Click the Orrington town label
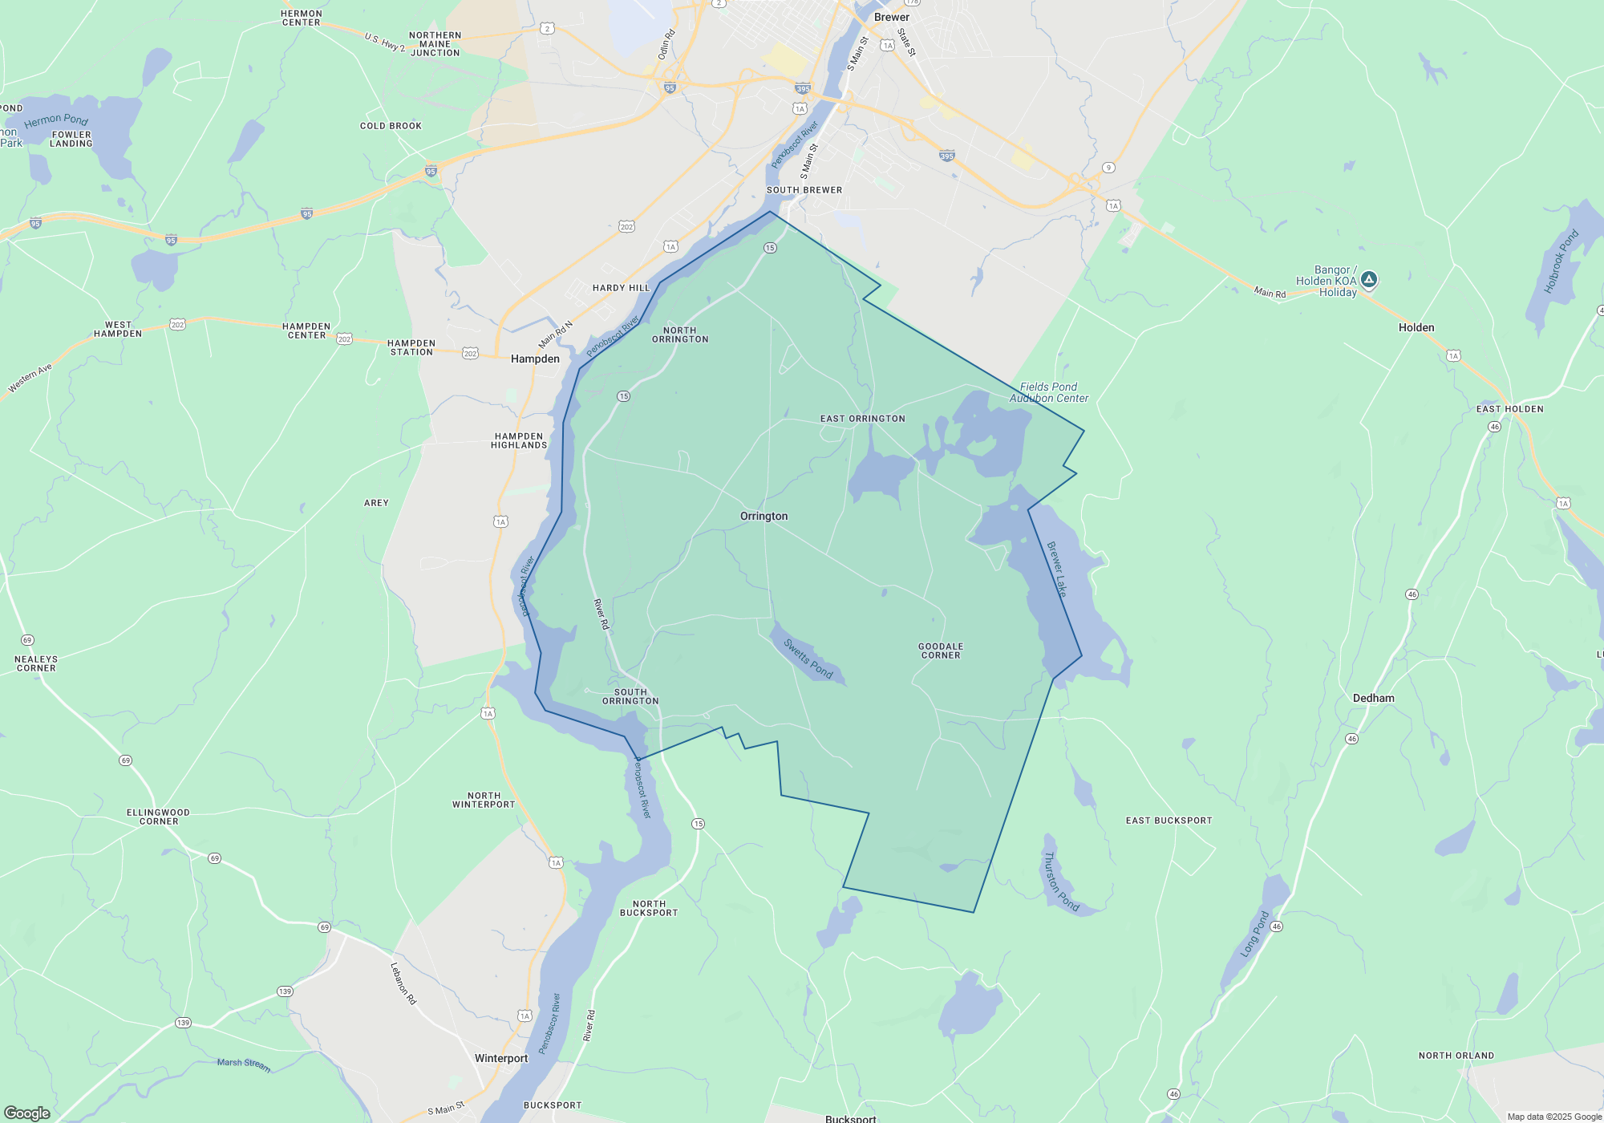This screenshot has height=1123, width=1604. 764,517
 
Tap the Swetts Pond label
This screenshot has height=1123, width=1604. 808,659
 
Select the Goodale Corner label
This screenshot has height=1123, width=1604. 941,651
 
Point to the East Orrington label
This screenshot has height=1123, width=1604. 862,419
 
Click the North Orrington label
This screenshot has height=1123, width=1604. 680,334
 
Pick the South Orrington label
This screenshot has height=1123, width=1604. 630,696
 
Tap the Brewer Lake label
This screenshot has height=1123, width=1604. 1057,569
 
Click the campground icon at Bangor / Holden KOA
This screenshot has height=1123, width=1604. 1369,280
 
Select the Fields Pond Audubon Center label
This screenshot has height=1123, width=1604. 1049,392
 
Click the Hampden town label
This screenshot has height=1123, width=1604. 535,359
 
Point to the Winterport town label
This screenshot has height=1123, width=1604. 501,1058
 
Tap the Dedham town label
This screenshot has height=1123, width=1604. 1373,698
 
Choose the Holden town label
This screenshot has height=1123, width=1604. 1416,327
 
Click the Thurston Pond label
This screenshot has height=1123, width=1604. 1060,882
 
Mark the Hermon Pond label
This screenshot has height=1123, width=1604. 56,120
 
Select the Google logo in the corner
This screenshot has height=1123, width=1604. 27,1113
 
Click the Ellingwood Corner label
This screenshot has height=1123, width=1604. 158,817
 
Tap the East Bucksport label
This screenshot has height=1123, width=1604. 1169,821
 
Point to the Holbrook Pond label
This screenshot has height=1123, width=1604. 1561,261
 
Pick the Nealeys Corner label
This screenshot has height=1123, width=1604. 36,663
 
